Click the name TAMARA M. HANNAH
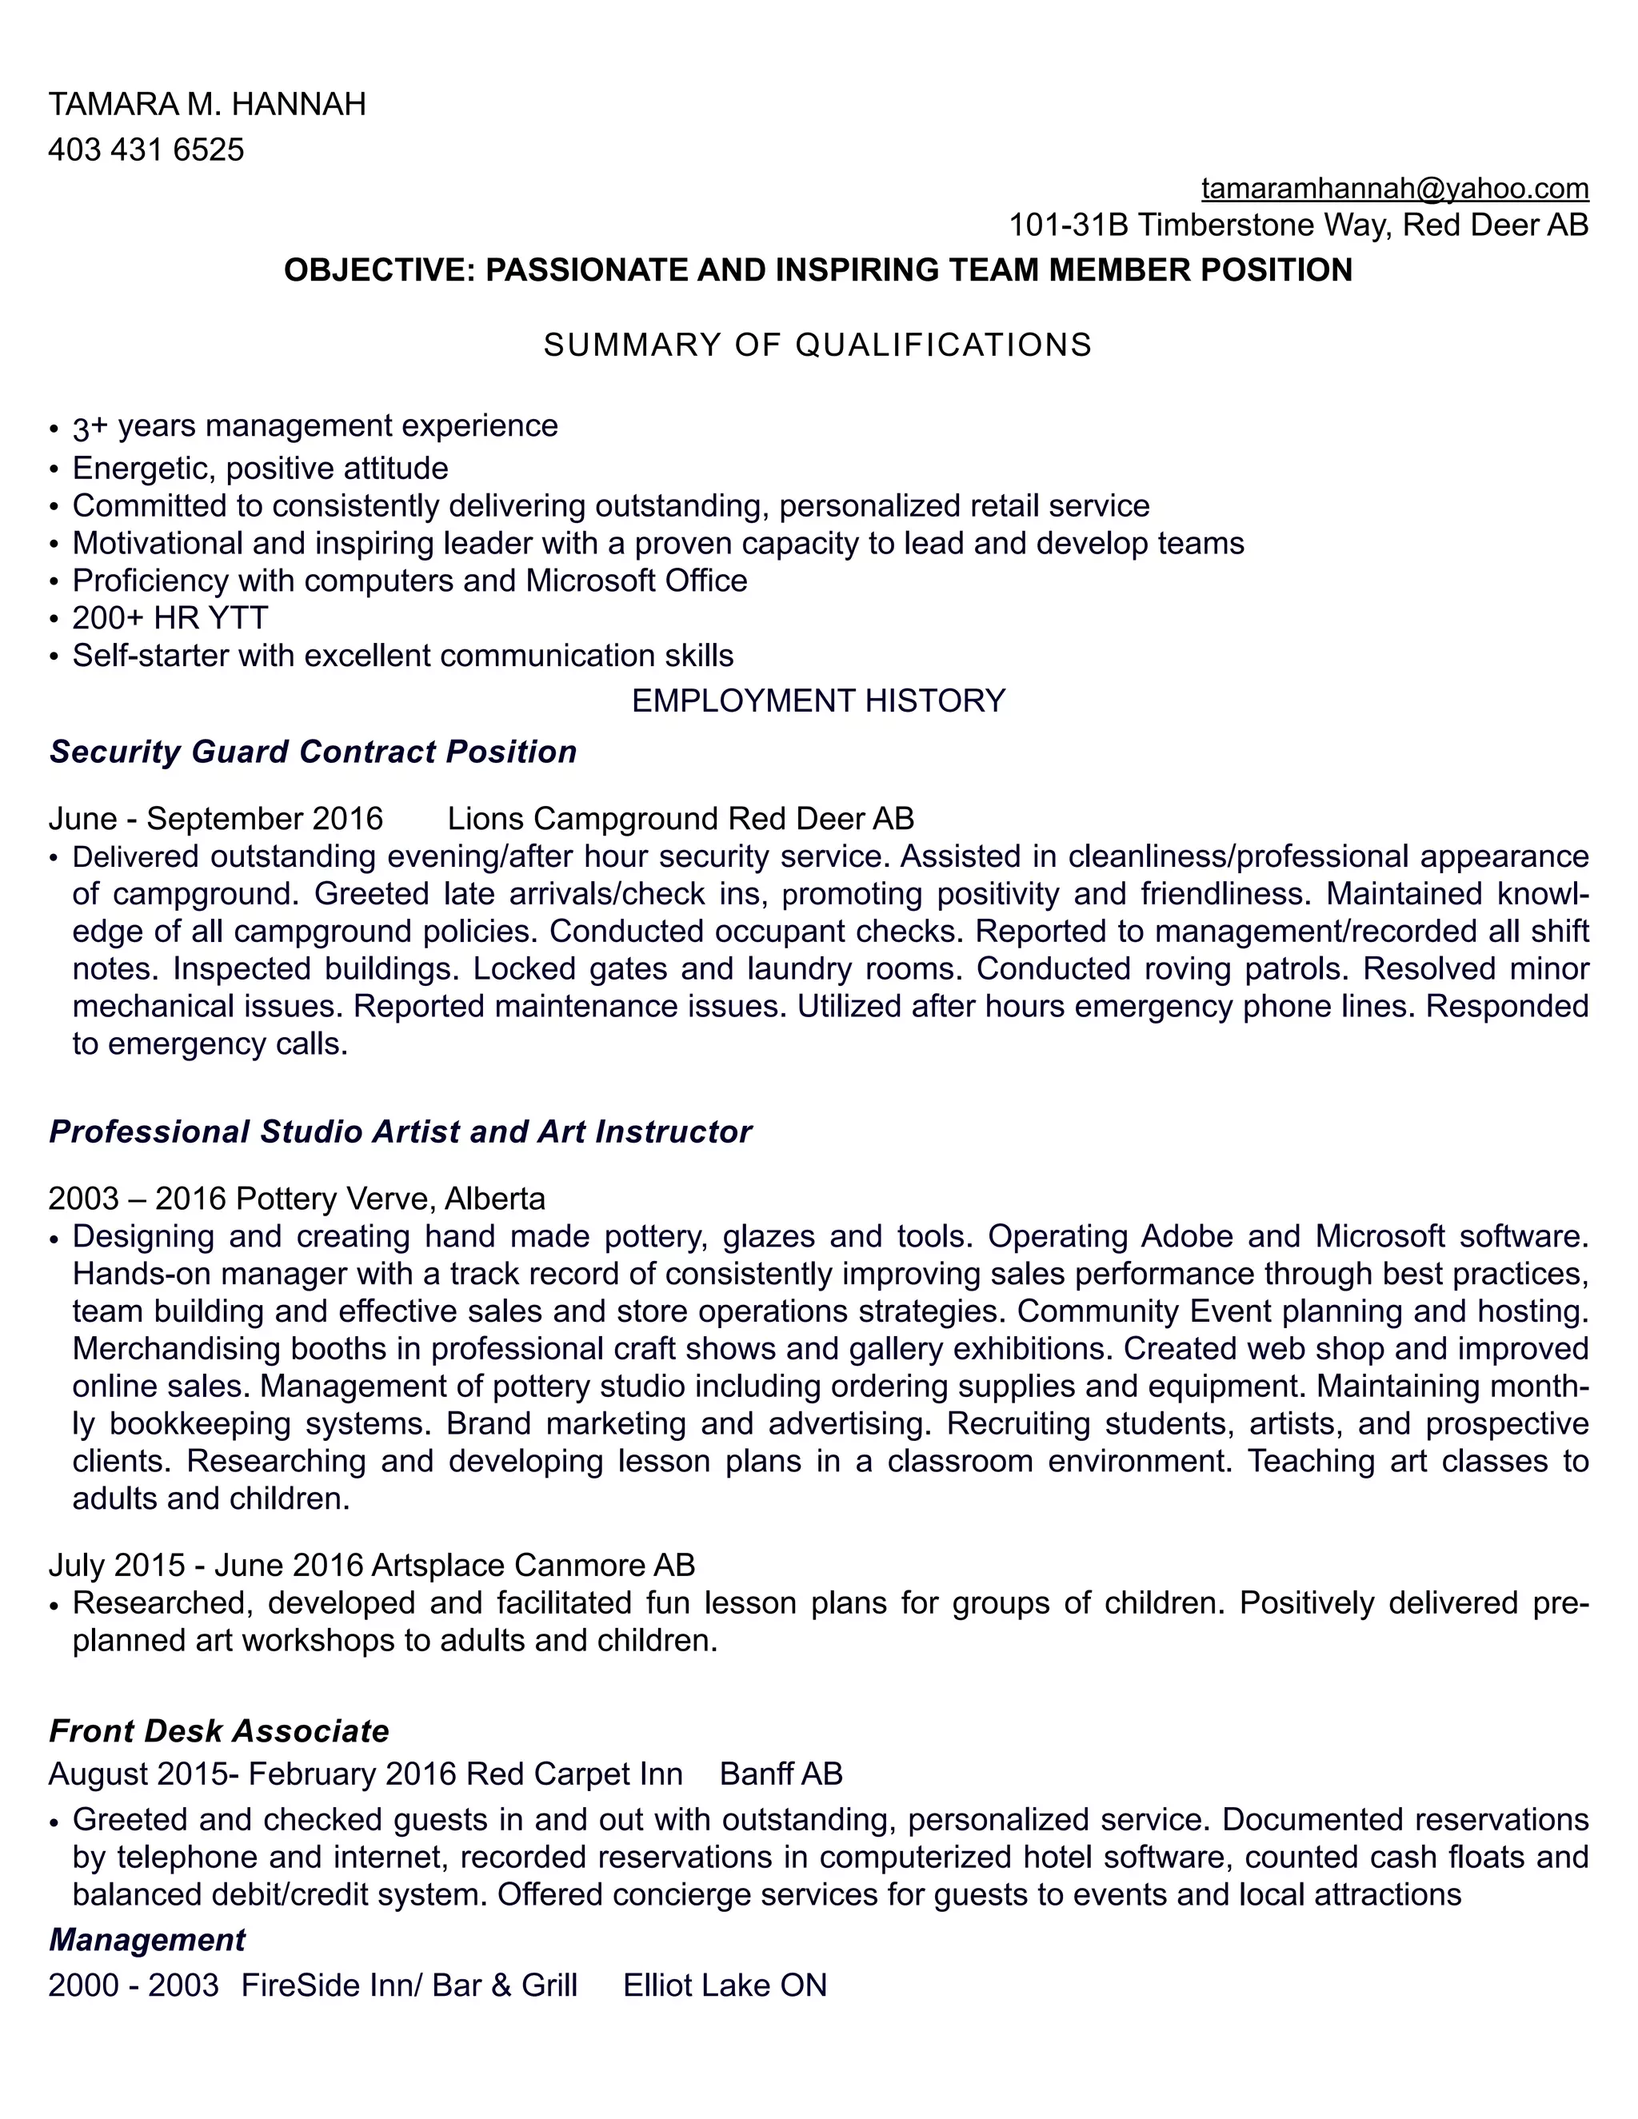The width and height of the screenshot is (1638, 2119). tap(206, 104)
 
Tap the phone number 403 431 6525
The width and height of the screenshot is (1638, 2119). tap(146, 150)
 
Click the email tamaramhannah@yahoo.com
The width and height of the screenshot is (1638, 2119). tap(1393, 187)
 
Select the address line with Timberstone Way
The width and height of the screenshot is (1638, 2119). tap(1298, 225)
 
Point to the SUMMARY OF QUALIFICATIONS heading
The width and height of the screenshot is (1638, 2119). tap(817, 345)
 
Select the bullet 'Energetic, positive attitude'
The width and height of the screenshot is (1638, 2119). tap(260, 469)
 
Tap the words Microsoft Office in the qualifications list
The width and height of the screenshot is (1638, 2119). tap(637, 581)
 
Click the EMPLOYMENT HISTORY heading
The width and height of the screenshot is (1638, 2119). tap(818, 700)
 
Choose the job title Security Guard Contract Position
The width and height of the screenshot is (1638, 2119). tap(313, 752)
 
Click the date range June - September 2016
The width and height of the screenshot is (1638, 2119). tap(215, 819)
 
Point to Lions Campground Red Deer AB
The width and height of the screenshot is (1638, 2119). tap(681, 819)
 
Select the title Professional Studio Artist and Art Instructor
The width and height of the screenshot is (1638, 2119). tap(400, 1132)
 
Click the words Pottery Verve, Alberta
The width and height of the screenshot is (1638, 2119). tap(390, 1199)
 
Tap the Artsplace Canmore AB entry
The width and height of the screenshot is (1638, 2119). tap(533, 1565)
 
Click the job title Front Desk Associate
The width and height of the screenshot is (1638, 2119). tap(218, 1731)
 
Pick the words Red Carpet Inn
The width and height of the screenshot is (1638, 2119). tap(573, 1774)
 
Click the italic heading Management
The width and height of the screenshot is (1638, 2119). tap(146, 1940)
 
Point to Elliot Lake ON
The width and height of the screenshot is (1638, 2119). tap(724, 1985)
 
